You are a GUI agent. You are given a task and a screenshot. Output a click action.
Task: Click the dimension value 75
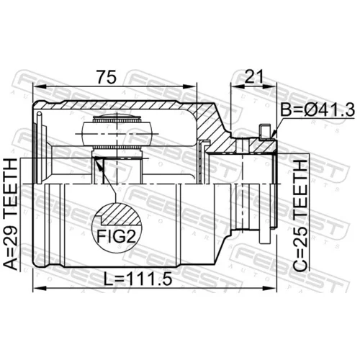107,77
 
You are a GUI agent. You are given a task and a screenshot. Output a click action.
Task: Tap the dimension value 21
254,76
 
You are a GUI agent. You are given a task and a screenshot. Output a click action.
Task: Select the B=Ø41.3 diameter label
318,110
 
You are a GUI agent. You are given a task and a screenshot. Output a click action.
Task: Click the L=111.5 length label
138,279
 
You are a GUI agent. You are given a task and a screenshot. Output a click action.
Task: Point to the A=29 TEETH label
11,215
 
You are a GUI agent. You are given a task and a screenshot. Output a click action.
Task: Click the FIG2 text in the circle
116,236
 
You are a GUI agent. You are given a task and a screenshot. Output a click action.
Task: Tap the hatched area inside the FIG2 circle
120,215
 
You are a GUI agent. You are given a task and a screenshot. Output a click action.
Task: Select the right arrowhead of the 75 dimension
190,86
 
